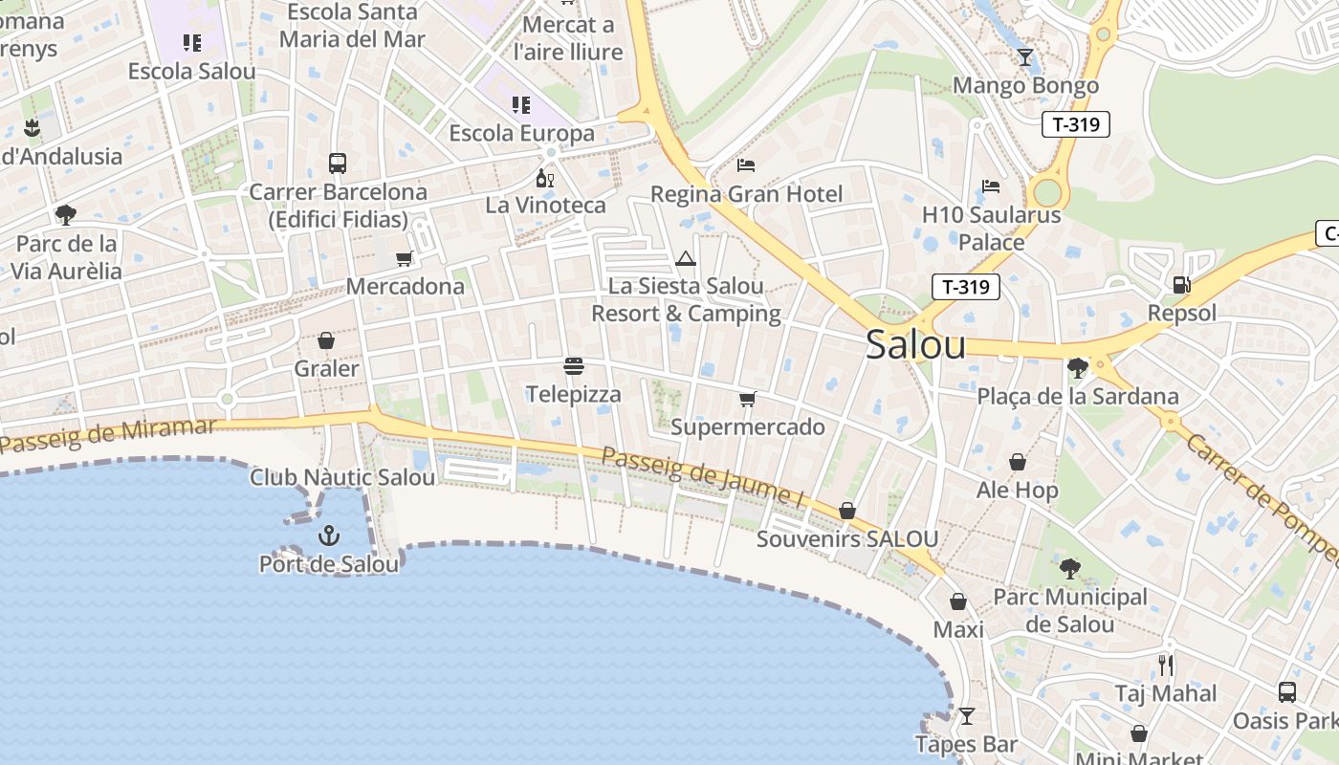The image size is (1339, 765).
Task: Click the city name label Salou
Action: tap(915, 345)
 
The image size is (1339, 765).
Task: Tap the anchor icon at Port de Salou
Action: tap(329, 535)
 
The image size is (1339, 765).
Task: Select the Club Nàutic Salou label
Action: tap(342, 476)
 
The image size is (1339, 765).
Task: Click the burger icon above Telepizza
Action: tap(574, 366)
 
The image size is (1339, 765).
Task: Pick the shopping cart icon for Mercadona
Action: tap(405, 258)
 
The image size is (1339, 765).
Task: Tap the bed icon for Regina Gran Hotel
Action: tap(746, 165)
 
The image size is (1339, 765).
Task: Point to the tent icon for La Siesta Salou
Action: tap(686, 258)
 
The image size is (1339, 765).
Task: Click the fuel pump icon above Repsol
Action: tap(1182, 284)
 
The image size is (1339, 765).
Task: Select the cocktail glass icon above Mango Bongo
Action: tap(1025, 57)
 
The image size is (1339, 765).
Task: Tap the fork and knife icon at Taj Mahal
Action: tap(1165, 665)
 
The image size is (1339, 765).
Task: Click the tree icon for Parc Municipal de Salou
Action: tap(1069, 569)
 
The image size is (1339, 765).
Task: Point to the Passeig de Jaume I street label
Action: tap(702, 475)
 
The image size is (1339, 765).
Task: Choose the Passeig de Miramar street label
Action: tap(107, 434)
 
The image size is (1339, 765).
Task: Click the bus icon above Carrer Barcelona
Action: tap(337, 164)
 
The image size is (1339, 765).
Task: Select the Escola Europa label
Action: tap(521, 133)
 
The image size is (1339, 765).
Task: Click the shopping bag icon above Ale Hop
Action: tap(1017, 462)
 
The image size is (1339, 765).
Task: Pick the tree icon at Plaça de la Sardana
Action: tap(1077, 367)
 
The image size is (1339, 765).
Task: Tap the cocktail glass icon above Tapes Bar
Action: tap(967, 715)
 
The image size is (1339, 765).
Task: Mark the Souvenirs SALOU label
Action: tap(846, 538)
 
